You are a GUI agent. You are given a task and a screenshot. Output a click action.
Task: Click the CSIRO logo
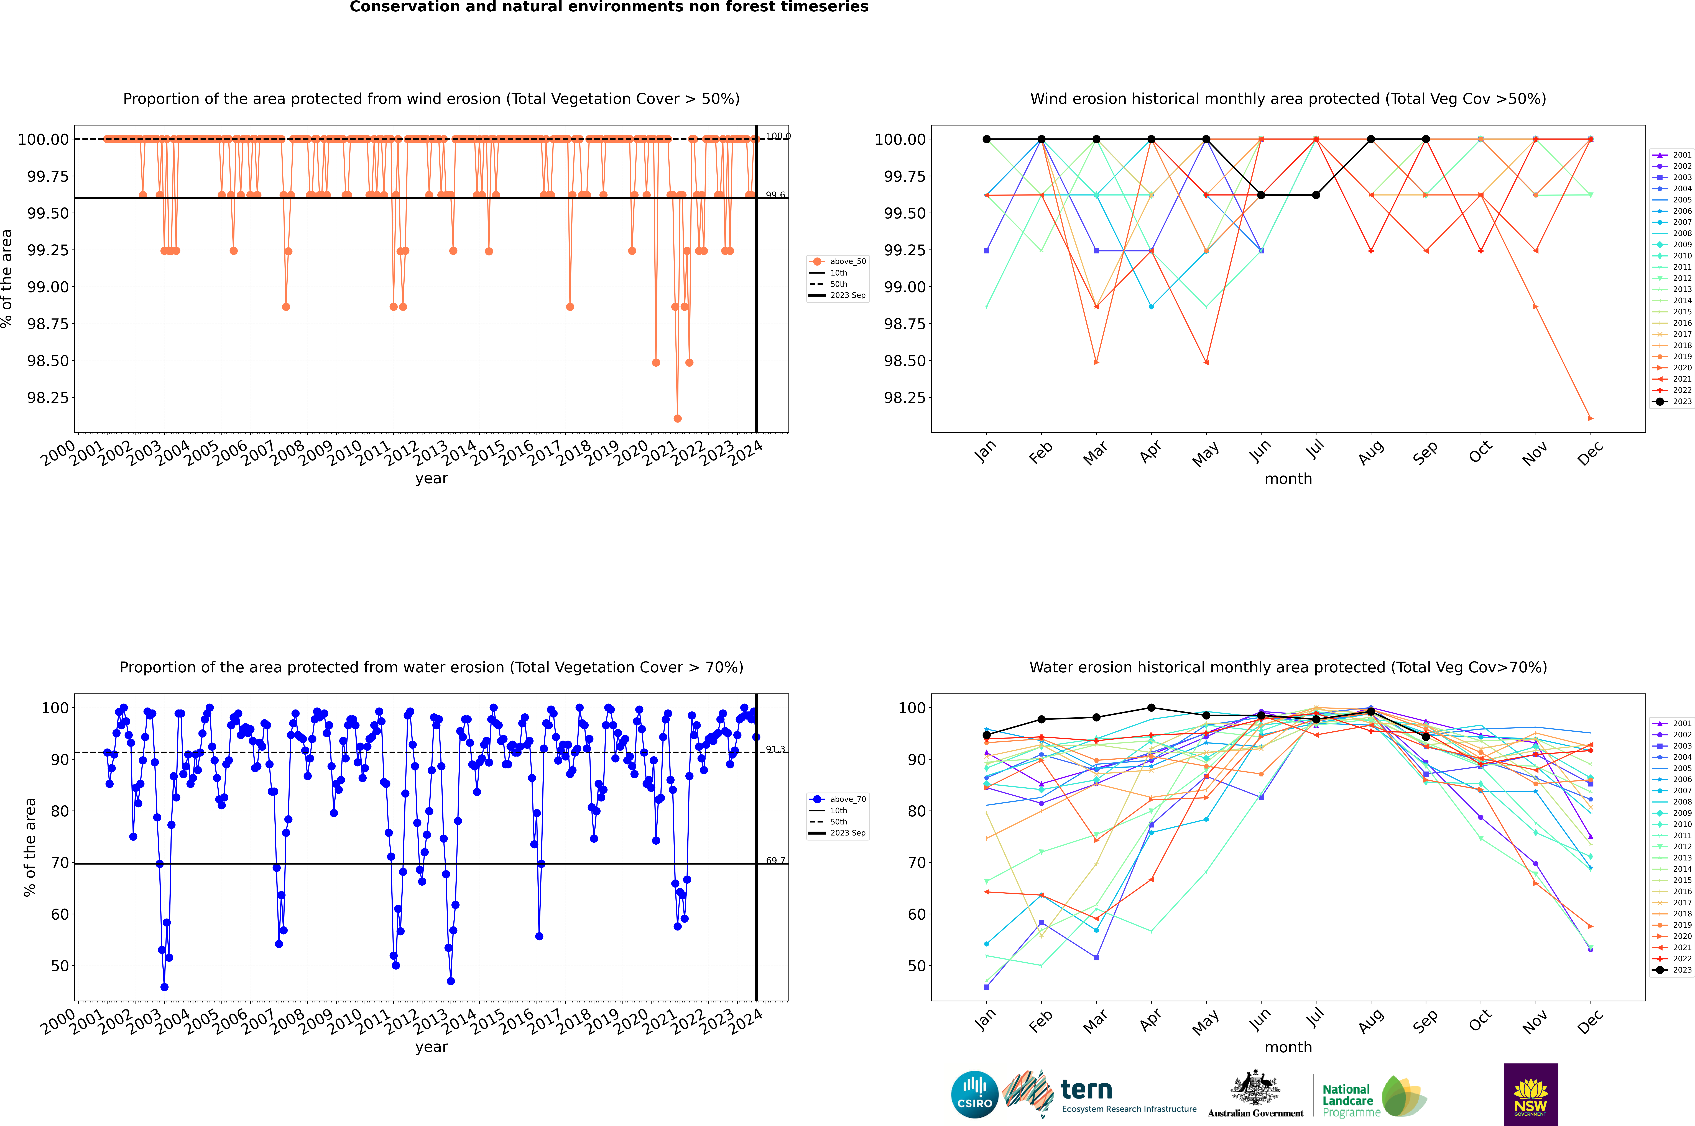click(974, 1094)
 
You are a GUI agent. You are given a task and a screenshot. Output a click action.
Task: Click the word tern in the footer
click(1086, 1089)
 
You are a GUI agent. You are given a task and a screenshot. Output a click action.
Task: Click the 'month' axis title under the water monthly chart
click(1288, 1047)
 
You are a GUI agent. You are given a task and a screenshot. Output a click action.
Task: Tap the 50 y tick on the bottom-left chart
click(60, 966)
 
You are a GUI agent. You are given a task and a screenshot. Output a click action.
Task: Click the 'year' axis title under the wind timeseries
click(431, 478)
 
